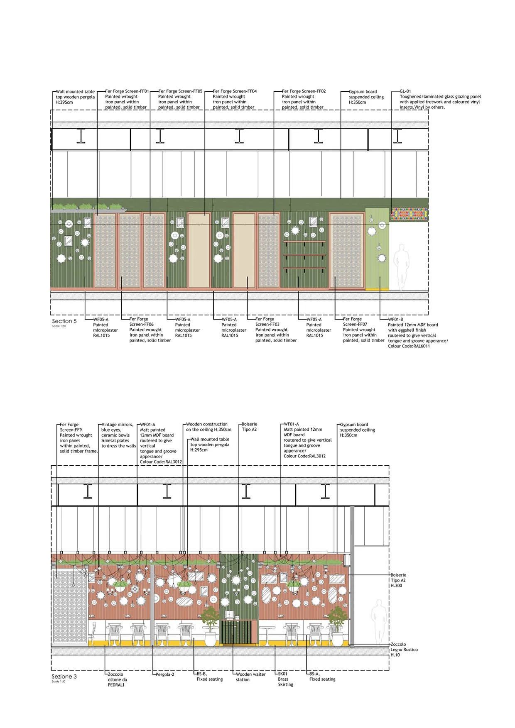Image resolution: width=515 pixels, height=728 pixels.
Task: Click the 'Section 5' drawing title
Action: point(64,321)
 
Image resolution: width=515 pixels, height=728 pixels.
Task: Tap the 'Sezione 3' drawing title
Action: point(64,677)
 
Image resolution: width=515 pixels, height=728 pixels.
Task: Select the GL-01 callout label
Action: point(405,91)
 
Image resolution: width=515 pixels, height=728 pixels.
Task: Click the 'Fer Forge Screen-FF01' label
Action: point(127,91)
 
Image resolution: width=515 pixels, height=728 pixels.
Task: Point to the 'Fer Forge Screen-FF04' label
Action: point(235,91)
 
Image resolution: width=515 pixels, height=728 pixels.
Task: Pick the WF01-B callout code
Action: point(395,320)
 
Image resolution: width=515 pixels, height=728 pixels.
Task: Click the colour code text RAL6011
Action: point(420,346)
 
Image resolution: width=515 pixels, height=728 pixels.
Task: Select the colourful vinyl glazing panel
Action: point(409,214)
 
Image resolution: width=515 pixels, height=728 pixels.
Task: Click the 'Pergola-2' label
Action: point(165,674)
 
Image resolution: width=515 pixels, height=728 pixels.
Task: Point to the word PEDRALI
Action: point(116,685)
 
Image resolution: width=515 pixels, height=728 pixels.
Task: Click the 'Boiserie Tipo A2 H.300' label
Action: point(398,580)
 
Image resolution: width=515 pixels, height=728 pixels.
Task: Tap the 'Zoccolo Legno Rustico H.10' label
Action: point(404,650)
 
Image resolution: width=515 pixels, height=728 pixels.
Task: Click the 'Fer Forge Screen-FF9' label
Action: point(71,427)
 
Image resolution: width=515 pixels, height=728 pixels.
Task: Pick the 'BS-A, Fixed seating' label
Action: point(322,677)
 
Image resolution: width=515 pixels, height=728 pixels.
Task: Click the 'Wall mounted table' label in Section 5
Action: point(75,92)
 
